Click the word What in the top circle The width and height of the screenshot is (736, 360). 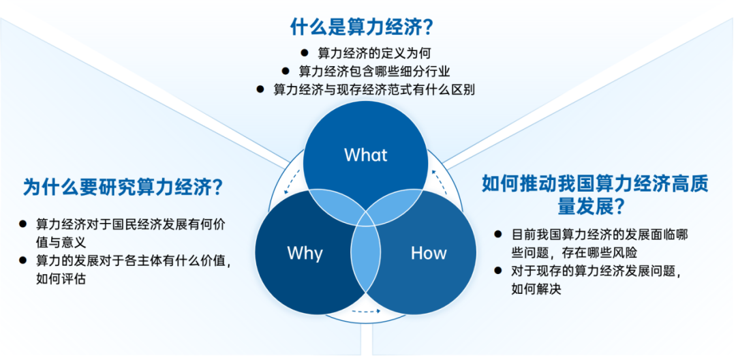click(x=366, y=155)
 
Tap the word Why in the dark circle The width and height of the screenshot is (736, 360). click(x=305, y=253)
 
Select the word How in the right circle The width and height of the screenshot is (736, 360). click(x=429, y=253)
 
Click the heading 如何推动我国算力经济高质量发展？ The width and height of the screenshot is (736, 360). click(x=595, y=194)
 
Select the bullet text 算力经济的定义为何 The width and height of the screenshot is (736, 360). click(x=374, y=52)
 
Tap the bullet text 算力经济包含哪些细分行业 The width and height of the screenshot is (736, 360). click(x=374, y=71)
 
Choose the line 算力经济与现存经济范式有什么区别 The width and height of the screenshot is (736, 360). click(x=374, y=89)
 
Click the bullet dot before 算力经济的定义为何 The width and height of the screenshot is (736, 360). click(x=304, y=52)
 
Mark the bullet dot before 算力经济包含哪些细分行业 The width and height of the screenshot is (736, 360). click(x=286, y=71)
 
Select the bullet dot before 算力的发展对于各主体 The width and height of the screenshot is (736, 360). click(x=24, y=260)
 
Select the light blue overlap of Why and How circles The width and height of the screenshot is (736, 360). click(x=366, y=259)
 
